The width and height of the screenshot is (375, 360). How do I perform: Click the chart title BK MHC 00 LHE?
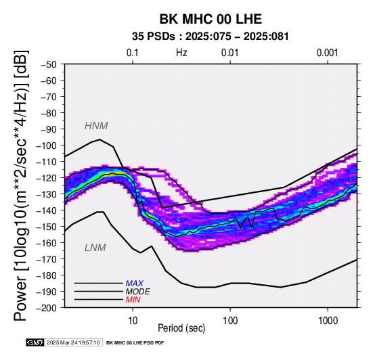point(211,19)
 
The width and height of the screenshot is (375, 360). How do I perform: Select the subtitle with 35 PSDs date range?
point(211,37)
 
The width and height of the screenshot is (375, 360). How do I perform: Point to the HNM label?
point(96,126)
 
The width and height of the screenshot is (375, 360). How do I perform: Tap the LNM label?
point(95,248)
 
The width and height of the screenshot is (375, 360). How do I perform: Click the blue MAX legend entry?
point(135,284)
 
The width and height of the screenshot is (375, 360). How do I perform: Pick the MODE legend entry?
point(138,292)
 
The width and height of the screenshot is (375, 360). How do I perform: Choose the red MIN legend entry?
point(133,300)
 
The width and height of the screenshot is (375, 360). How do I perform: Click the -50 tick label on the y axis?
point(49,64)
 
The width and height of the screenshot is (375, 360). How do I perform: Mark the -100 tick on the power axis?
point(47,145)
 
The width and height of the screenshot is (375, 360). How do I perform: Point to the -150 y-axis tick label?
point(47,227)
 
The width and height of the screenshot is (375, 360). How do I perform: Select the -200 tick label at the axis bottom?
point(47,308)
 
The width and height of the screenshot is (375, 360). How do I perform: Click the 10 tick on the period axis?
point(133,321)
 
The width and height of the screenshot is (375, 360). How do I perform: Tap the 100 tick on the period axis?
point(230,321)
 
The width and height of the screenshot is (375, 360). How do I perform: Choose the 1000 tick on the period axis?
point(328,321)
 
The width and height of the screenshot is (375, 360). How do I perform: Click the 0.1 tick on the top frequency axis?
point(133,53)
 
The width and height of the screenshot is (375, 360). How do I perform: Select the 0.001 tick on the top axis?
point(328,53)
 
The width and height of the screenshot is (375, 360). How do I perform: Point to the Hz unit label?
point(181,53)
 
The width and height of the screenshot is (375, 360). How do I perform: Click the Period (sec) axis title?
point(181,328)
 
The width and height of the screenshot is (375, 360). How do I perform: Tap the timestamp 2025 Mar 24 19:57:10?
point(73,343)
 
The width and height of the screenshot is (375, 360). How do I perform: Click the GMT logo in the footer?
point(35,342)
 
